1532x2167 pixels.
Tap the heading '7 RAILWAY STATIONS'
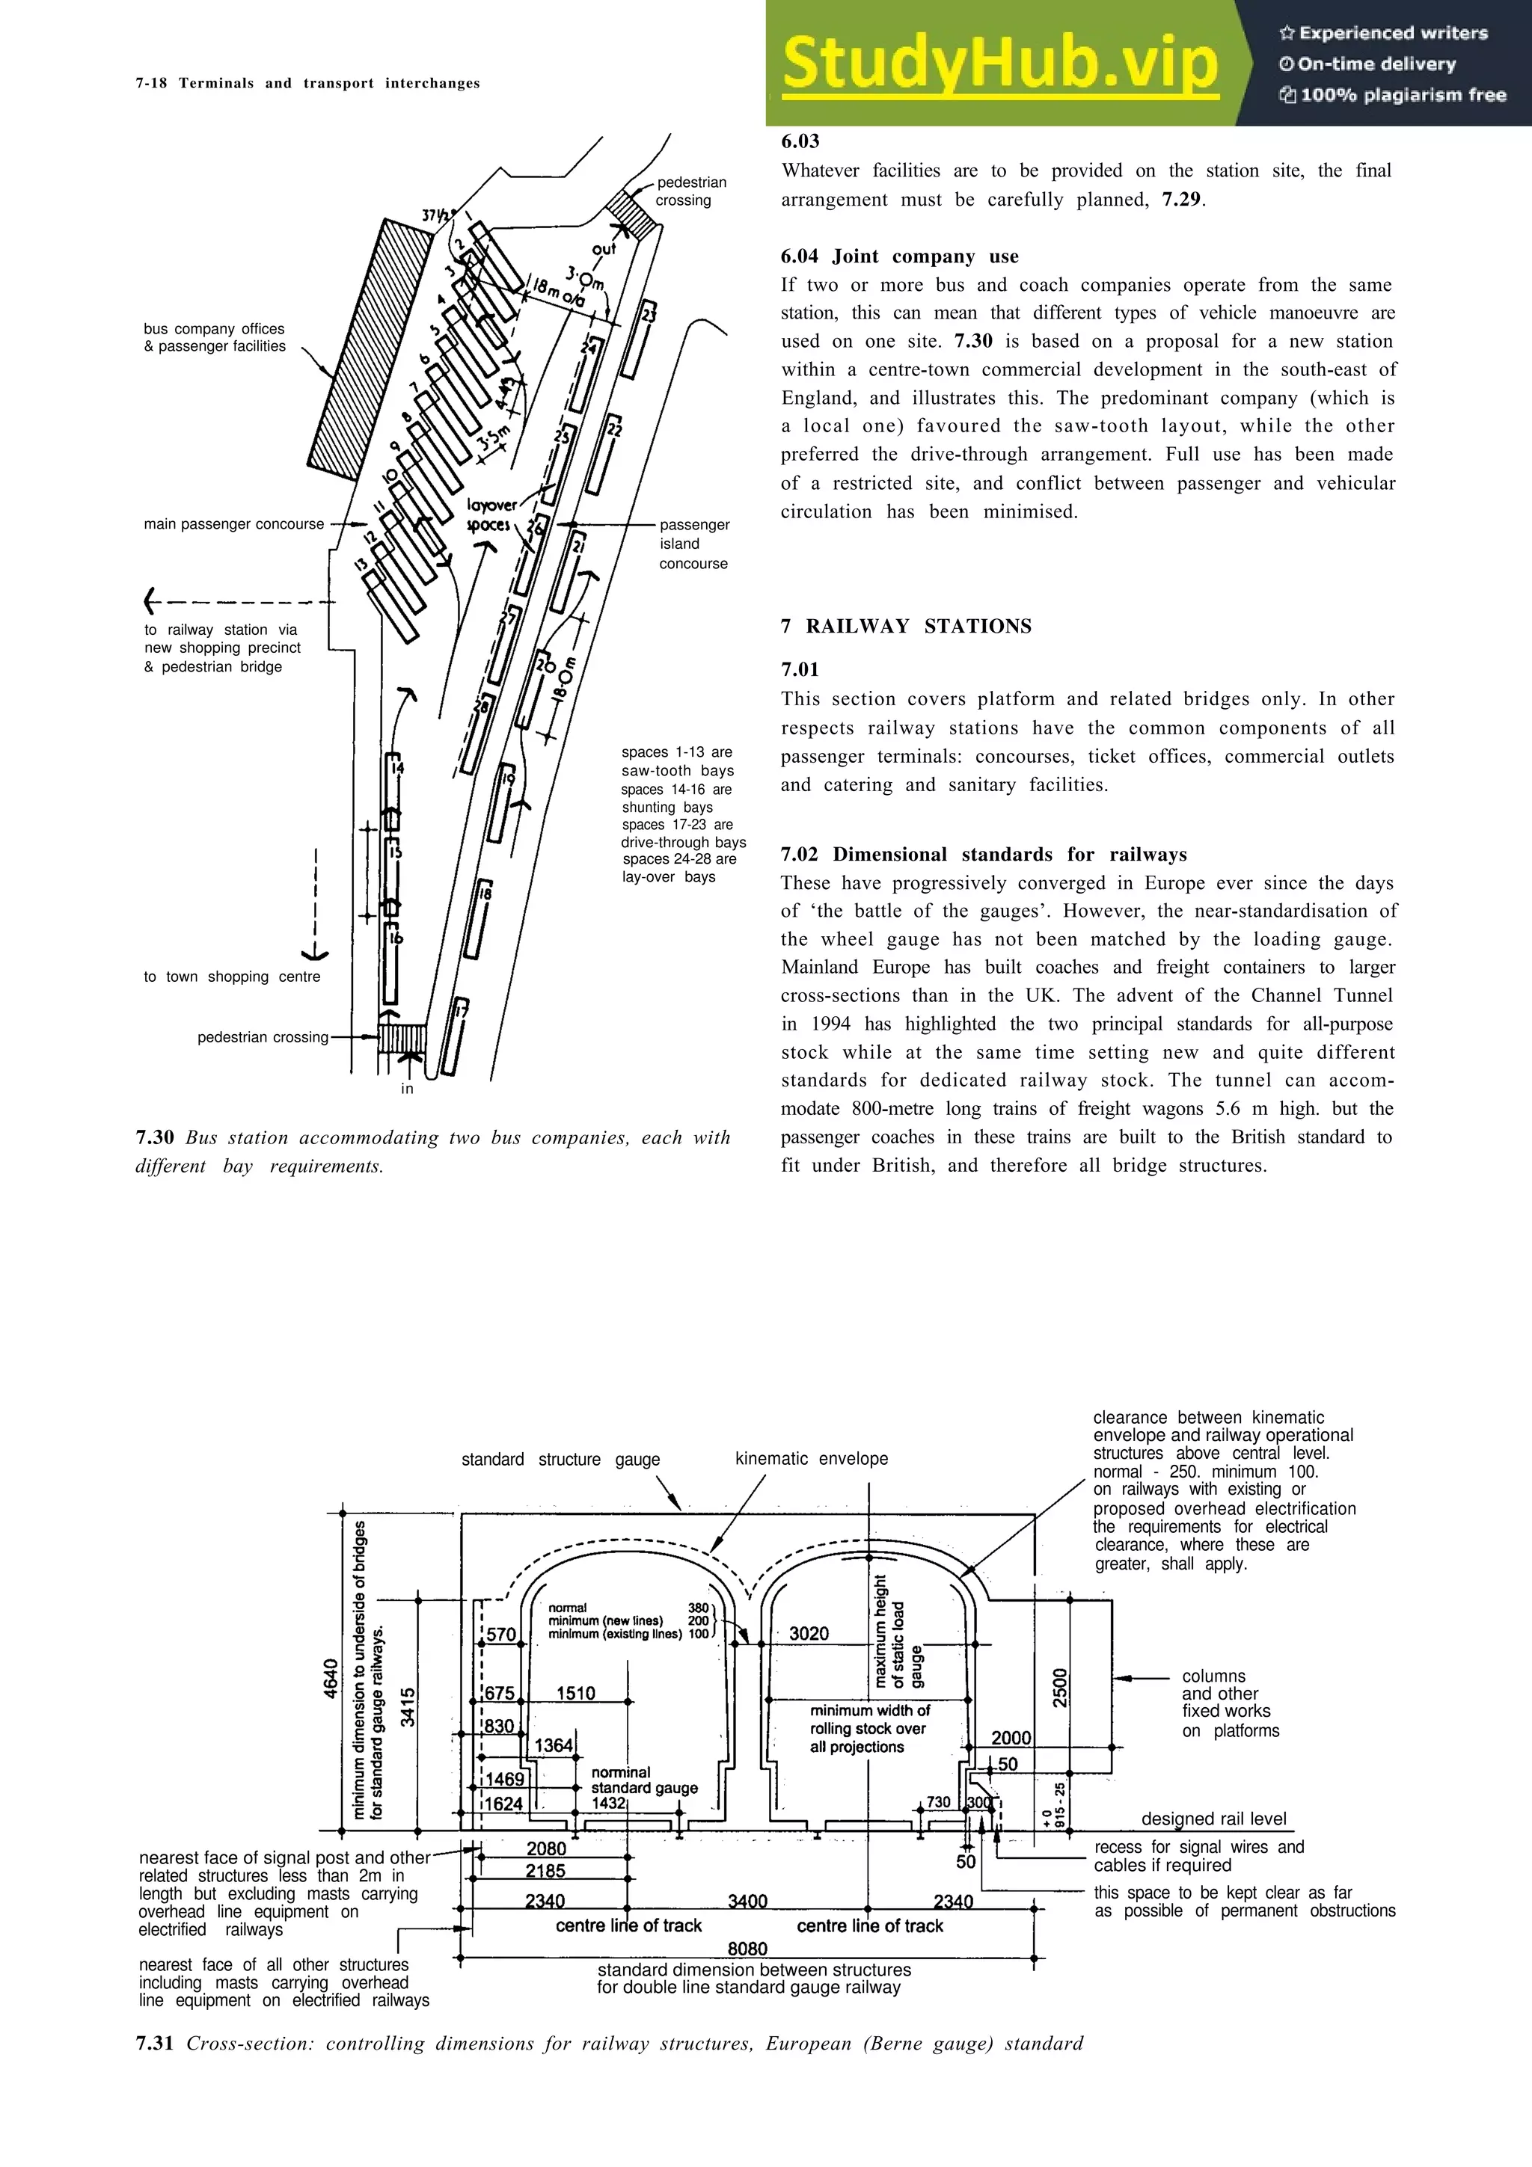click(x=905, y=626)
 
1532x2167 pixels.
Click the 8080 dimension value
click(x=747, y=1948)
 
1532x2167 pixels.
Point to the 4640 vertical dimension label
click(x=331, y=1678)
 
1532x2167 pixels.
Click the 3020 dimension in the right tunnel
click(x=808, y=1633)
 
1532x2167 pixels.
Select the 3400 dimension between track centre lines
click(x=747, y=1900)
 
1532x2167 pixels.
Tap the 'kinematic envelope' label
click(x=811, y=1458)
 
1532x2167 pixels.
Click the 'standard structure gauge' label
click(x=560, y=1459)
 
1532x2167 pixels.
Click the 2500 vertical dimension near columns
click(x=1060, y=1687)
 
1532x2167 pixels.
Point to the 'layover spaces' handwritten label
click(x=491, y=514)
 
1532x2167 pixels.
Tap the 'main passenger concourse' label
click(x=233, y=524)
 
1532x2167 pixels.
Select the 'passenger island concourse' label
click(x=693, y=544)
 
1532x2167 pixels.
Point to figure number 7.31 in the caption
click(x=154, y=2044)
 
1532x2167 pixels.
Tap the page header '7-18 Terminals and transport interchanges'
click(x=307, y=83)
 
